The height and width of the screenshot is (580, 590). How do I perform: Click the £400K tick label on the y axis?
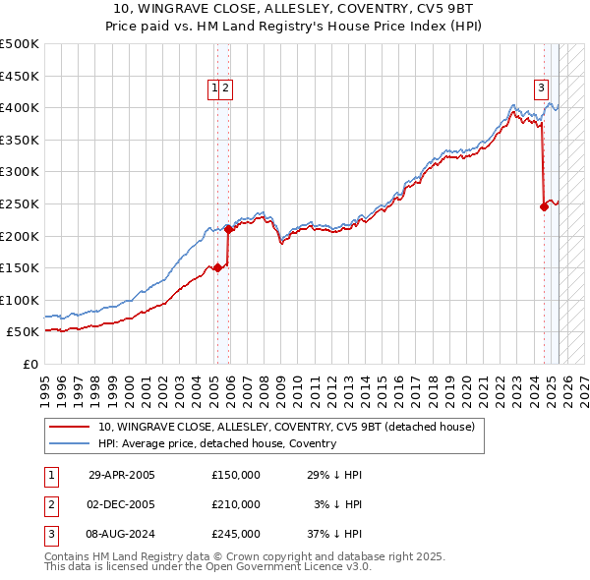(x=20, y=107)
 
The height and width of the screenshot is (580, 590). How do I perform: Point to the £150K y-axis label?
(x=20, y=267)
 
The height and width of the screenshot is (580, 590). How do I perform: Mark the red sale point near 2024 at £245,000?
(x=544, y=206)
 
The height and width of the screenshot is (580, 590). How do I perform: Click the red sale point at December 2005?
(x=228, y=229)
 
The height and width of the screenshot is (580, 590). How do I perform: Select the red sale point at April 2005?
(x=217, y=267)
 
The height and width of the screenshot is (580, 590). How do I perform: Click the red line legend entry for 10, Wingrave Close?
(x=285, y=427)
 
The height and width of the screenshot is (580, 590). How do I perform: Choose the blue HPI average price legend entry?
(x=216, y=443)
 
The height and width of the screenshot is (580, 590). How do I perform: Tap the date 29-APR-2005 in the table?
(x=122, y=475)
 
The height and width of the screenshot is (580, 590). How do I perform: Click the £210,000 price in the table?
(x=236, y=504)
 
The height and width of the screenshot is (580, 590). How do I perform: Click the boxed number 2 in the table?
(x=48, y=504)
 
